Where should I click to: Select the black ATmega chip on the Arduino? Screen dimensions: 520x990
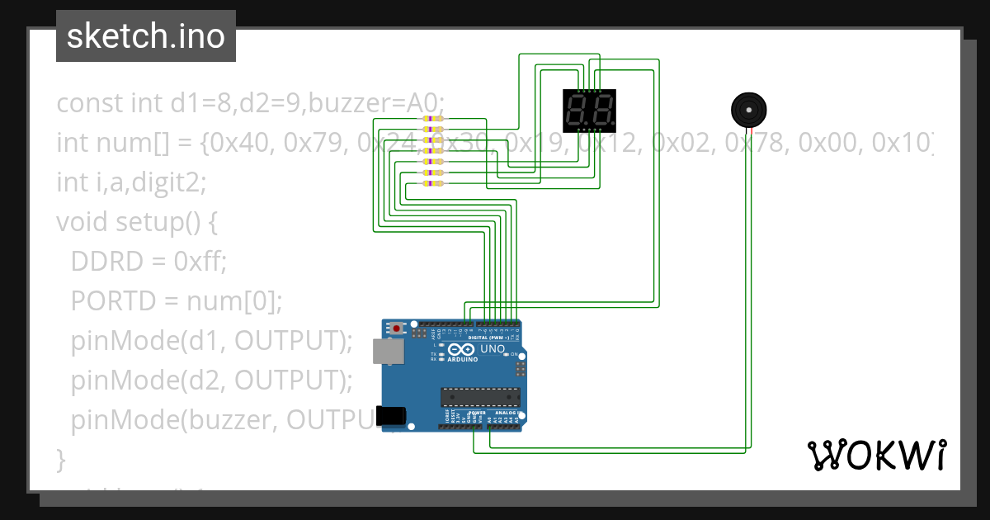480,396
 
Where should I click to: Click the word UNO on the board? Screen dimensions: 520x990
493,350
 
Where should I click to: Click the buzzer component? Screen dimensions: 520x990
748,110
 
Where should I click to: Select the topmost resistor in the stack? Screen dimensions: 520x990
432,120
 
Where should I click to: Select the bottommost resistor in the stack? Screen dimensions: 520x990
432,184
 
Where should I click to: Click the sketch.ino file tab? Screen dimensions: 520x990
145,36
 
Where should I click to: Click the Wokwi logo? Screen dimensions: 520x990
875,455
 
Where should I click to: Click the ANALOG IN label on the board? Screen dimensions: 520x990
506,412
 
